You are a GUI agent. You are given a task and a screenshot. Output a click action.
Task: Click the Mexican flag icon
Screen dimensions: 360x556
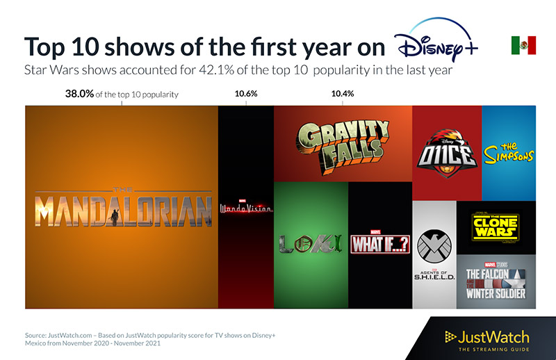523,45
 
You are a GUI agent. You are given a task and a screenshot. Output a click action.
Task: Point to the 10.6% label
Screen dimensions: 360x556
245,94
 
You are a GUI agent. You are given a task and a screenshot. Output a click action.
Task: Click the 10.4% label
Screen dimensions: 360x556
343,94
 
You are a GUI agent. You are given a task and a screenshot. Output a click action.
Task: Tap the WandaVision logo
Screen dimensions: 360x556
246,207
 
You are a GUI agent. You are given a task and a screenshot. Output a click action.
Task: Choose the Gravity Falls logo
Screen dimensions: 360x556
343,143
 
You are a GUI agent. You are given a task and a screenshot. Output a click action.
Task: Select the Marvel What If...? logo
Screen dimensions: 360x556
379,243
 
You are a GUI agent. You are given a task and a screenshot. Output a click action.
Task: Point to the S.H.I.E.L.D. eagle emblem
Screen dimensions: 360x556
434,245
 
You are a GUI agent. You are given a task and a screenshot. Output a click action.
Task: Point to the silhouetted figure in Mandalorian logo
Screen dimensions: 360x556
115,211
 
